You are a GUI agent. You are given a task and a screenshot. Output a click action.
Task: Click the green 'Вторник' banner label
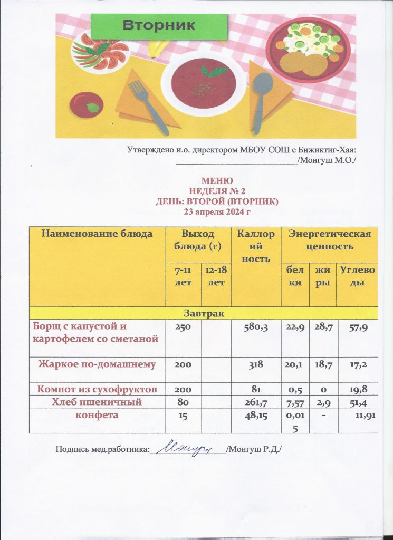pyautogui.click(x=159, y=25)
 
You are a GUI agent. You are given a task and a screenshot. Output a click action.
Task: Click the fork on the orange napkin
pyautogui.click(x=148, y=105)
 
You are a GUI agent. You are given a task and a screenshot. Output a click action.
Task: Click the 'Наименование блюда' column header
pyautogui.click(x=97, y=233)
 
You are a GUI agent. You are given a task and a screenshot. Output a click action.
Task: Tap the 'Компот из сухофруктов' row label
pyautogui.click(x=97, y=390)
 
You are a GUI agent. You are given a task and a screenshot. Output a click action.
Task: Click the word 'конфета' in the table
pyautogui.click(x=97, y=415)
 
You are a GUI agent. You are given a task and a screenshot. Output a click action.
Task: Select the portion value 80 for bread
pyautogui.click(x=175, y=403)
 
